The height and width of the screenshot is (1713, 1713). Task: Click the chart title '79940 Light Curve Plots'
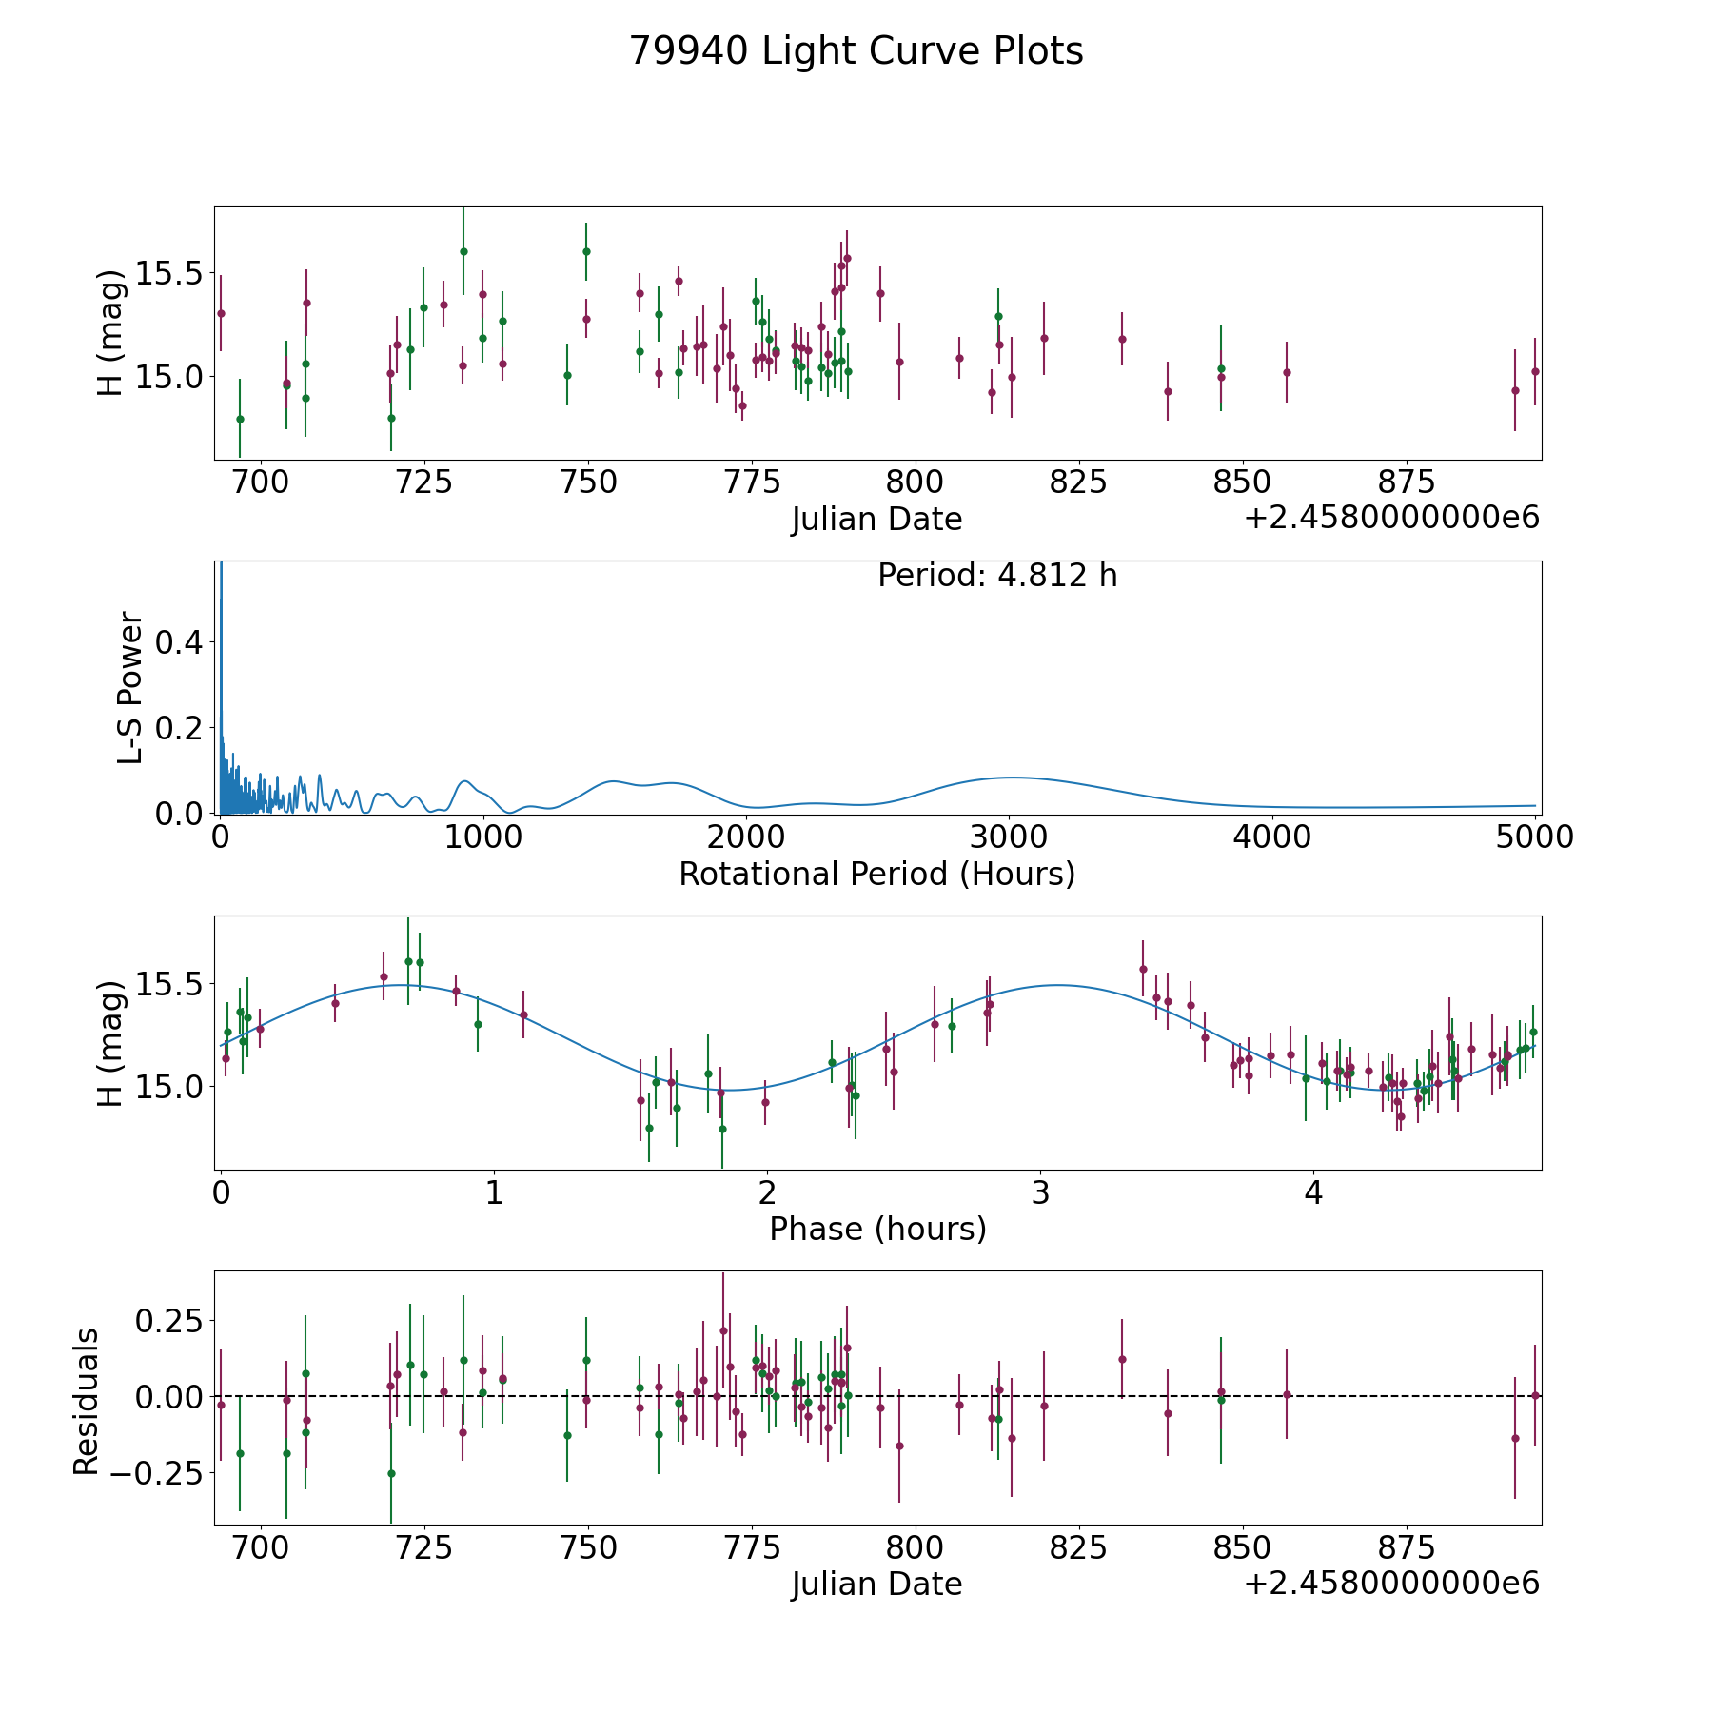[856, 51]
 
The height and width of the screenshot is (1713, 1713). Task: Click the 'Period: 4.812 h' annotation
[996, 576]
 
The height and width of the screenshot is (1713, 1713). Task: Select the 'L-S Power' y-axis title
[130, 687]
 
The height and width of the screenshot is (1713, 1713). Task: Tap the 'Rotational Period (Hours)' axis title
[876, 874]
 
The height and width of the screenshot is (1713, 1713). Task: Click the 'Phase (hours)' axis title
[876, 1229]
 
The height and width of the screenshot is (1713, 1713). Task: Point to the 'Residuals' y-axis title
[87, 1401]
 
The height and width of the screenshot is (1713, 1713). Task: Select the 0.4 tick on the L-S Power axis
[180, 643]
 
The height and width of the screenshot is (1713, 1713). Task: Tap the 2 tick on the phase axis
[767, 1192]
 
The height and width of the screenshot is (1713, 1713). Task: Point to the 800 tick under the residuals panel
[915, 1547]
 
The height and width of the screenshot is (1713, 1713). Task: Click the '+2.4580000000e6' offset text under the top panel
[1391, 518]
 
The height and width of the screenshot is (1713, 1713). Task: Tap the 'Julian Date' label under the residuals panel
[876, 1584]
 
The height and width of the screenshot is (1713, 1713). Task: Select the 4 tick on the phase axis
[1313, 1192]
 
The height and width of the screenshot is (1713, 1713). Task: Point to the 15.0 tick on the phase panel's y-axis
[169, 1087]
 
